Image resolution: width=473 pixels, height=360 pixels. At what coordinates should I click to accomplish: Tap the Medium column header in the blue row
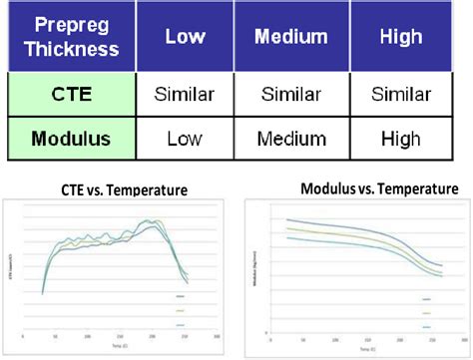click(290, 37)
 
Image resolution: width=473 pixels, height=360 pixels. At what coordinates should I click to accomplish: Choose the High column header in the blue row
click(402, 37)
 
